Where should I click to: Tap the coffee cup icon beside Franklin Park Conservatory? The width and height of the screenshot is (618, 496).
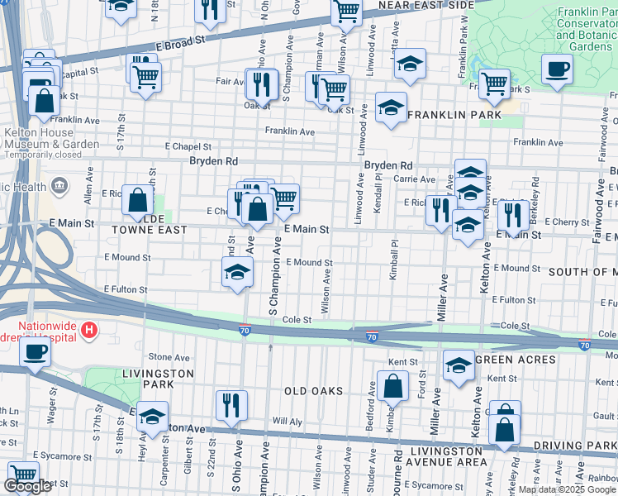[557, 69]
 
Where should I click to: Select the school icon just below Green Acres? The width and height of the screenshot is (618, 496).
[459, 365]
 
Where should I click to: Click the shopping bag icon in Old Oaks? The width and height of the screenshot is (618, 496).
[393, 386]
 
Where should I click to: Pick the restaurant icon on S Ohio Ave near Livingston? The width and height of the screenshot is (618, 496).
[230, 406]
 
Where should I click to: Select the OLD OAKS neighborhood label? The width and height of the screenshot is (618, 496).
[313, 390]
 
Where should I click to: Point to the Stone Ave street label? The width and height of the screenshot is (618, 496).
[169, 357]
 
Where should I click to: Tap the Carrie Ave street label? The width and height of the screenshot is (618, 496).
[414, 179]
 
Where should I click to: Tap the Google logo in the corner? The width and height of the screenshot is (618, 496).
[27, 486]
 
